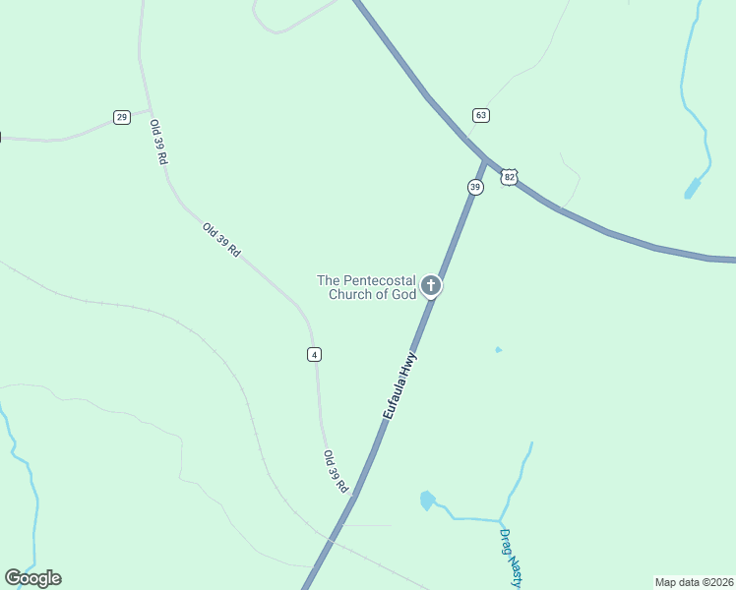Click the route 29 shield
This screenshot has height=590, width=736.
coord(121,117)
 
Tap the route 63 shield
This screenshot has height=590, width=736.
coord(480,115)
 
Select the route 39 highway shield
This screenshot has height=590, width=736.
coord(475,187)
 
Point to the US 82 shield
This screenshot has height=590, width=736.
coord(508,177)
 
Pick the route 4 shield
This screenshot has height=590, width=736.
coord(314,354)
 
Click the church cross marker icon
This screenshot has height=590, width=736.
coord(430,286)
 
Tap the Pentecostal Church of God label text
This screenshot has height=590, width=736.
coord(367,287)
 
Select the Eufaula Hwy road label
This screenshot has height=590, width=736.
coord(400,386)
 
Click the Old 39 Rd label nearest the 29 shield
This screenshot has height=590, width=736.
coord(158,142)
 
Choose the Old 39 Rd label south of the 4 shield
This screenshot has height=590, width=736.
coord(337,472)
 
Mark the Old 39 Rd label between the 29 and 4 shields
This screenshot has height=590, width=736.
coord(221,240)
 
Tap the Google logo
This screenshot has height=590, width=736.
coord(32,578)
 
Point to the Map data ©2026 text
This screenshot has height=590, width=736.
coord(694,581)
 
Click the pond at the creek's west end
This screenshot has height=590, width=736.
coord(427,501)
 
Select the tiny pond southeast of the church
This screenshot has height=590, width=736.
coord(498,349)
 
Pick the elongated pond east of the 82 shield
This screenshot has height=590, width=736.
coord(693,188)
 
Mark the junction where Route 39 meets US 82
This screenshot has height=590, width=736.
coord(485,159)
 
